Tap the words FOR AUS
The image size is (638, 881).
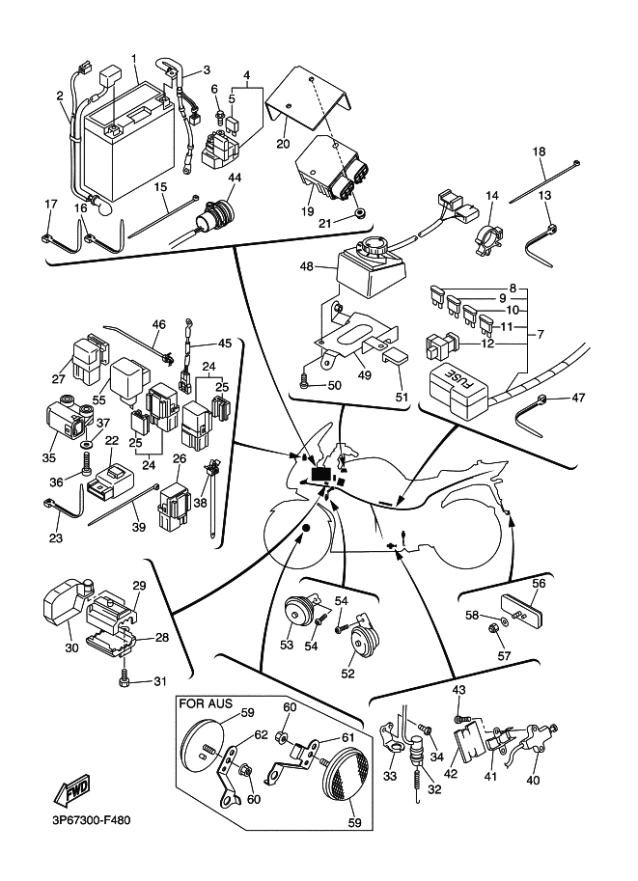pyautogui.click(x=206, y=704)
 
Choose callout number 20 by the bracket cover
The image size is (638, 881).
pyautogui.click(x=283, y=144)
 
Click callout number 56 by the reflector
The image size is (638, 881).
pyautogui.click(x=539, y=583)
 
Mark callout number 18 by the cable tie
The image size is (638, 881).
pyautogui.click(x=539, y=151)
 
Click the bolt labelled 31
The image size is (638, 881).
pyautogui.click(x=125, y=683)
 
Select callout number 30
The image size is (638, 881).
pyautogui.click(x=71, y=648)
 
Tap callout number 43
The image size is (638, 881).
pyautogui.click(x=458, y=690)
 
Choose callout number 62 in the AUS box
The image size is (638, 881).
pyautogui.click(x=260, y=734)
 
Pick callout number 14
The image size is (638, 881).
pyautogui.click(x=491, y=196)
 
